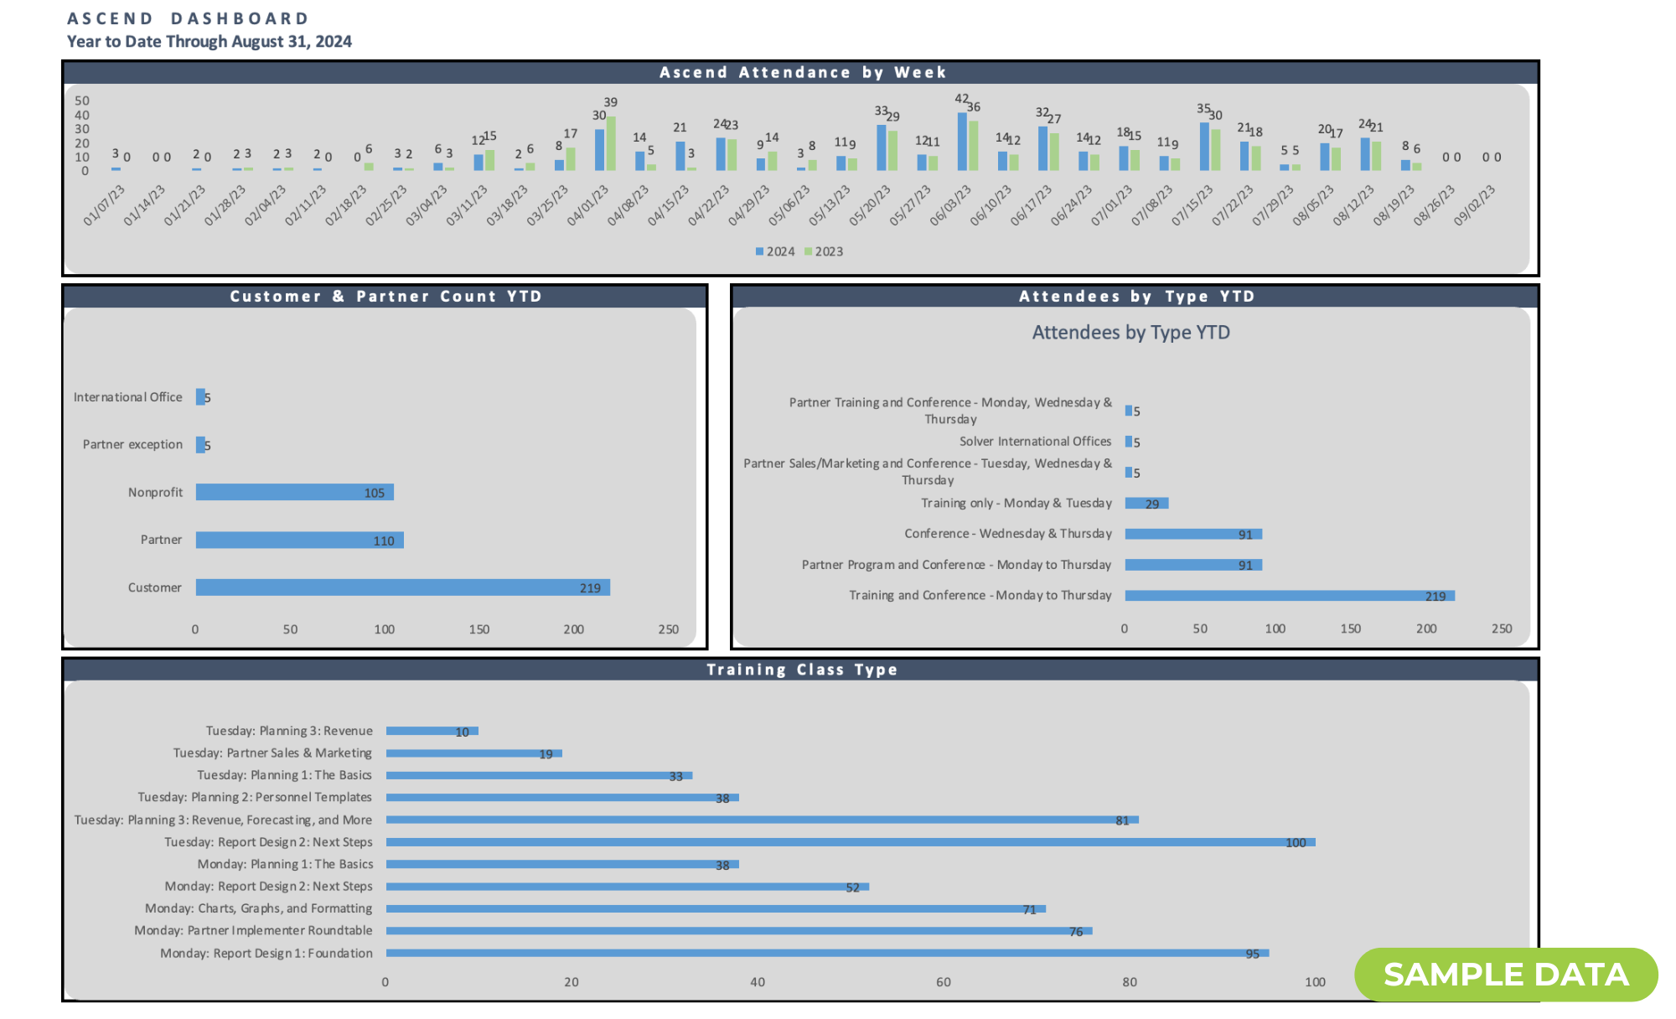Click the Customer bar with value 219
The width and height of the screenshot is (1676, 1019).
click(x=402, y=587)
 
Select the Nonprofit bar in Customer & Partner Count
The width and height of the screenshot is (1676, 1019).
click(x=294, y=492)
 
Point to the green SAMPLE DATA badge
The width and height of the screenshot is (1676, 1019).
click(x=1506, y=975)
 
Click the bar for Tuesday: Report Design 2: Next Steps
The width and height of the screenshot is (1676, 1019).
click(x=850, y=842)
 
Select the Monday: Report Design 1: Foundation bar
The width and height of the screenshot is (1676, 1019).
click(x=827, y=953)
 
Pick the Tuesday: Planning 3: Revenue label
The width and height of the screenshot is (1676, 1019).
click(x=289, y=731)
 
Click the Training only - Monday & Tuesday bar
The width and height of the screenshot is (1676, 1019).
click(x=1146, y=503)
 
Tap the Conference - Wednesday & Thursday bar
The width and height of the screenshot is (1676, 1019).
click(x=1193, y=534)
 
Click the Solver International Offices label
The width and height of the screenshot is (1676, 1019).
click(x=1035, y=442)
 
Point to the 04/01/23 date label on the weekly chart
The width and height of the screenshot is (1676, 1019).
click(x=587, y=206)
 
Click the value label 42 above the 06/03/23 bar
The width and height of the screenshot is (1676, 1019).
click(x=961, y=99)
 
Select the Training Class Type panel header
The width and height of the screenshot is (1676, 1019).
click(x=801, y=670)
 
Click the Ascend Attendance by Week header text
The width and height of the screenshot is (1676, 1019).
click(x=802, y=72)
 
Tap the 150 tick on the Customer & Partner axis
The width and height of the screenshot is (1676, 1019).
click(x=478, y=629)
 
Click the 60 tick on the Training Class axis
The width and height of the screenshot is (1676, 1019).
click(x=944, y=982)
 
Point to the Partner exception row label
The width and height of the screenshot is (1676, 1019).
click(x=132, y=444)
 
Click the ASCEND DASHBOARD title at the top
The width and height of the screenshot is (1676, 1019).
click(x=189, y=18)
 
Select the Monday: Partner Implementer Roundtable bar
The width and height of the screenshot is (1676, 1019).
click(x=738, y=930)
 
